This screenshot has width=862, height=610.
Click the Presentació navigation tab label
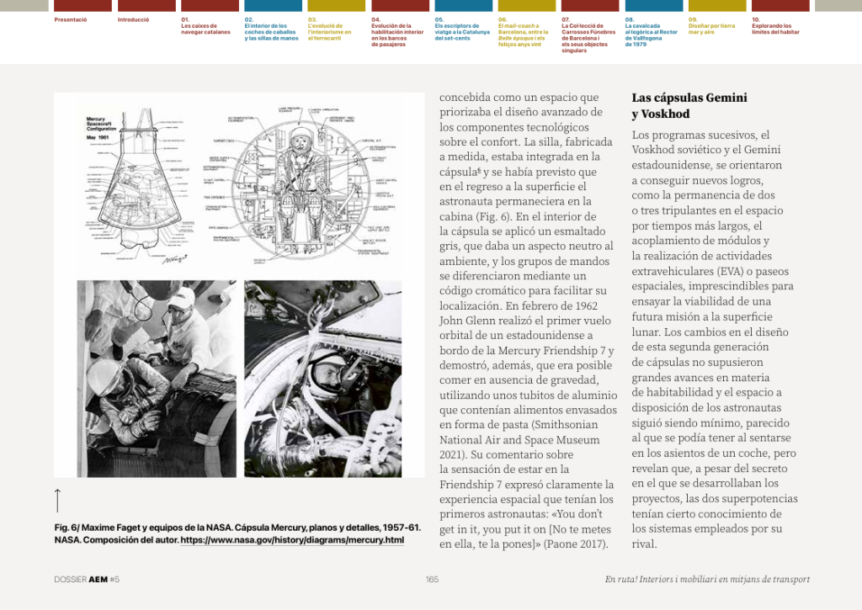click(x=71, y=19)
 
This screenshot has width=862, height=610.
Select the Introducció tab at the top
click(x=133, y=19)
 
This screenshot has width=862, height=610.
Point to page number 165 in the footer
click(x=432, y=579)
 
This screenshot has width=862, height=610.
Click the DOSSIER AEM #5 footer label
click(x=87, y=579)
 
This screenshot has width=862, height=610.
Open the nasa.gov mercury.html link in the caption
click(x=292, y=539)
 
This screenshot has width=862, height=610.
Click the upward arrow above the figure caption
click(x=57, y=500)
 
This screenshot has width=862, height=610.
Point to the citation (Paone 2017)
click(x=575, y=544)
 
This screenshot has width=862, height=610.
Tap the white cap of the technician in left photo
click(x=181, y=300)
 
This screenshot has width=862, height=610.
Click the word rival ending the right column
click(x=644, y=544)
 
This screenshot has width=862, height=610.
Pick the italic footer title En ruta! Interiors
click(x=707, y=579)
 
